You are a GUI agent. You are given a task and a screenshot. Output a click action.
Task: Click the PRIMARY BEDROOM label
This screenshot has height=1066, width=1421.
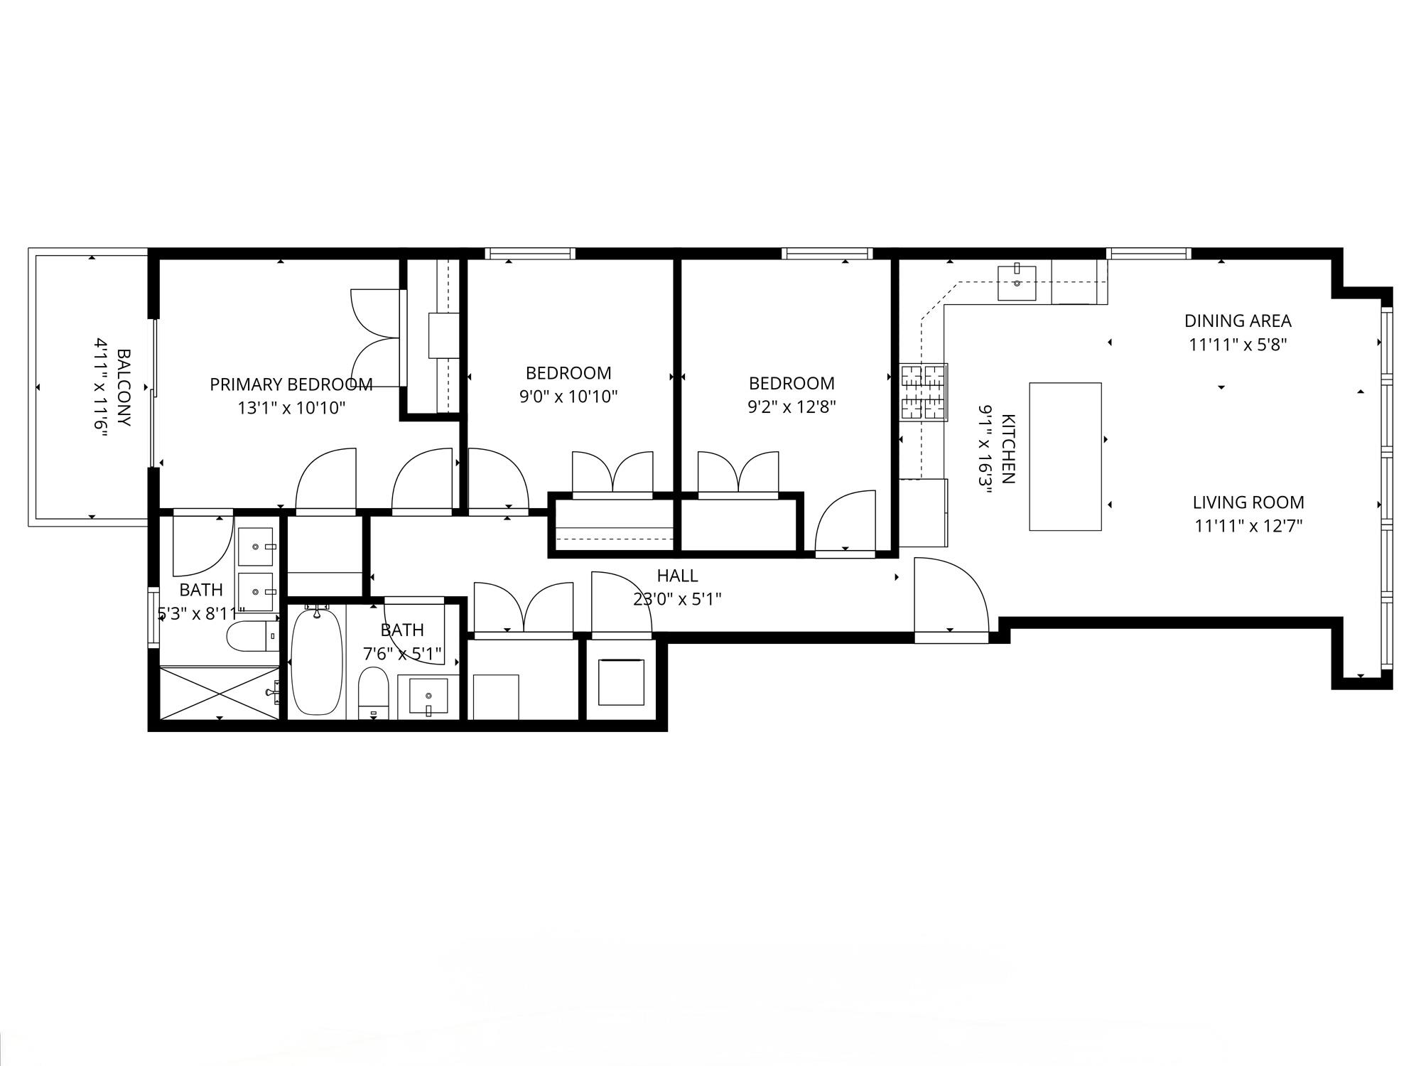coord(291,384)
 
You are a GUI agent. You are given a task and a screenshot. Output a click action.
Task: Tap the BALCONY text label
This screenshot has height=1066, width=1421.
coord(124,387)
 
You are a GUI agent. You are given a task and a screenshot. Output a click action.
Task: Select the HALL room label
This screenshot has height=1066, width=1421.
coord(677,576)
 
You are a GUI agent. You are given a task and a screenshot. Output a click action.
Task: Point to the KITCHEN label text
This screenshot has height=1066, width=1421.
coord(1007,448)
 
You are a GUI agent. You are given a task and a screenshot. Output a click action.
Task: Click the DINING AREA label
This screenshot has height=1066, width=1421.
coord(1238,321)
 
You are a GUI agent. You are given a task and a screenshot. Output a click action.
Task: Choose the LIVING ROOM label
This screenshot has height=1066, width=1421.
coord(1248,502)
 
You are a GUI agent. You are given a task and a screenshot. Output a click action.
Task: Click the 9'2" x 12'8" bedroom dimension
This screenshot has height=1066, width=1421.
coord(792,407)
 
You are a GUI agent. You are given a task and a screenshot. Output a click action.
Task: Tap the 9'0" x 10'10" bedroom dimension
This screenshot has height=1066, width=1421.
coord(568,397)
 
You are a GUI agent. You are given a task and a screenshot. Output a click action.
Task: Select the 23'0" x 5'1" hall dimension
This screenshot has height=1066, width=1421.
coord(677,599)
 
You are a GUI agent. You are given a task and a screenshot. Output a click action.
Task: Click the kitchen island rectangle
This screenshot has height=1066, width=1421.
coord(1066,456)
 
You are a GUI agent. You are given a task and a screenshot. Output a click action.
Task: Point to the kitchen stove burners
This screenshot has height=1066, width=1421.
coord(924,392)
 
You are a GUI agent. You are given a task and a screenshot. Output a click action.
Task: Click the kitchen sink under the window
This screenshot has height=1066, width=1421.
coord(1017,283)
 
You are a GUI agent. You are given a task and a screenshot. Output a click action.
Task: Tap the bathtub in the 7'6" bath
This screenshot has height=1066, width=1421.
coord(317,661)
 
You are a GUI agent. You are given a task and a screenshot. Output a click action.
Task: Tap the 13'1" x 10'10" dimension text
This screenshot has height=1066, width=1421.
coord(291,408)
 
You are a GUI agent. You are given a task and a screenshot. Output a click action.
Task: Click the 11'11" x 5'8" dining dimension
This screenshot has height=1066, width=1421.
coord(1238,345)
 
